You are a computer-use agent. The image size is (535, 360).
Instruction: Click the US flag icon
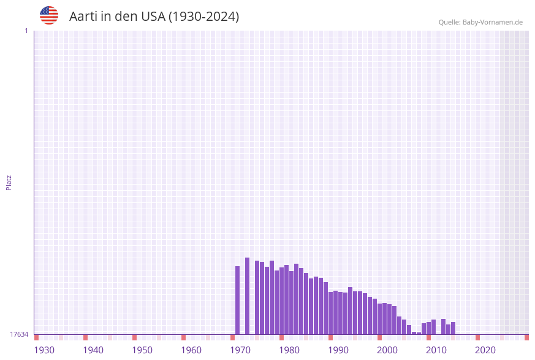[49, 15]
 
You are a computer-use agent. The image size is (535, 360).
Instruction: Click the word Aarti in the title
[82, 17]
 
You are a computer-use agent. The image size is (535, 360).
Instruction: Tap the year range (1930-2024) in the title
[203, 17]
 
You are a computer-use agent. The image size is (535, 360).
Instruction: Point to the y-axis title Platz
[9, 182]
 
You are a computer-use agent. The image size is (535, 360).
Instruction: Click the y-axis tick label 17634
[19, 334]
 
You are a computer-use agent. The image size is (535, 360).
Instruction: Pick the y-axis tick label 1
[26, 31]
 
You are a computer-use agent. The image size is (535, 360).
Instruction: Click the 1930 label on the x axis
[44, 350]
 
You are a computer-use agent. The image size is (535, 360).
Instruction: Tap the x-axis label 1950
[142, 350]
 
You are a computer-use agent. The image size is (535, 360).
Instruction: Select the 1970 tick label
[240, 350]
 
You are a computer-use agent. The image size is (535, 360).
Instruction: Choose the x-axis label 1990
[338, 350]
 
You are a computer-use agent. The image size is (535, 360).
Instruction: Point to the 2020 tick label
[485, 350]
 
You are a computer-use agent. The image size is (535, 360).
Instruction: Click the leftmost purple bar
[238, 300]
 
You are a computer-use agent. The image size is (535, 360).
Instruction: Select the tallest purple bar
[248, 296]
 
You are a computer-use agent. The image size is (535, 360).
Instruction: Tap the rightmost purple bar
[453, 328]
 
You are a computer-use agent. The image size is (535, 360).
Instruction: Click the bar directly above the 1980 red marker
[282, 301]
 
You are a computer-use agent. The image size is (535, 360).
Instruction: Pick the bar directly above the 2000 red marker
[380, 319]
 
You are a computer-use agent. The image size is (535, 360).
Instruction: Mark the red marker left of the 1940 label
[86, 337]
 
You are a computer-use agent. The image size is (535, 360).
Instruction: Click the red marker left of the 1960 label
[184, 337]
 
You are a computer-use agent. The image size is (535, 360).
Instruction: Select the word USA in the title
[153, 17]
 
